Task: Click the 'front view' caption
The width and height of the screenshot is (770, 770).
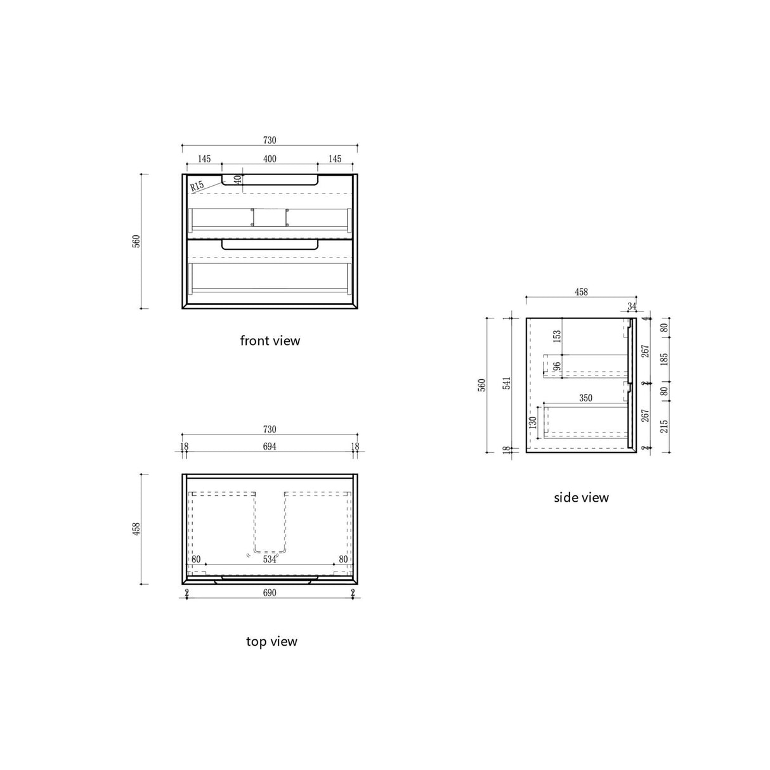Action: (270, 341)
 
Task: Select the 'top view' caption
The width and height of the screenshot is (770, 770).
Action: (271, 641)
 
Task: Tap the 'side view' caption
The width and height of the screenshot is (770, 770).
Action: (581, 497)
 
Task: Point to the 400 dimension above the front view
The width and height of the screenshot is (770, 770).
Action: (270, 159)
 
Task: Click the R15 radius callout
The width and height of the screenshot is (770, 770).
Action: (197, 186)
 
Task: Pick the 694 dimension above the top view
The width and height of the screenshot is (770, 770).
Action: (270, 447)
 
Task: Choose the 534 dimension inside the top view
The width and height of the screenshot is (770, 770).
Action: (270, 559)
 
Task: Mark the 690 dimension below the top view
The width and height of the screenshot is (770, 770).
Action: (270, 593)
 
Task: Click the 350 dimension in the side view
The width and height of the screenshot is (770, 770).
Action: (585, 398)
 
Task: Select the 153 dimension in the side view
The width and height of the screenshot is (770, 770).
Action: (557, 336)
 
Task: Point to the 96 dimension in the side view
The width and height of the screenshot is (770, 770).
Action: (557, 367)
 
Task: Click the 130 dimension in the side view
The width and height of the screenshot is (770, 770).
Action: (533, 422)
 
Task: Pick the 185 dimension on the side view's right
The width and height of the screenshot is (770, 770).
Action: (664, 360)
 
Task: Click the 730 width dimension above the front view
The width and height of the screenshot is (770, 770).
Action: (270, 140)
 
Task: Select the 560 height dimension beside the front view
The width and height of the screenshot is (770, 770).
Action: (136, 242)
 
